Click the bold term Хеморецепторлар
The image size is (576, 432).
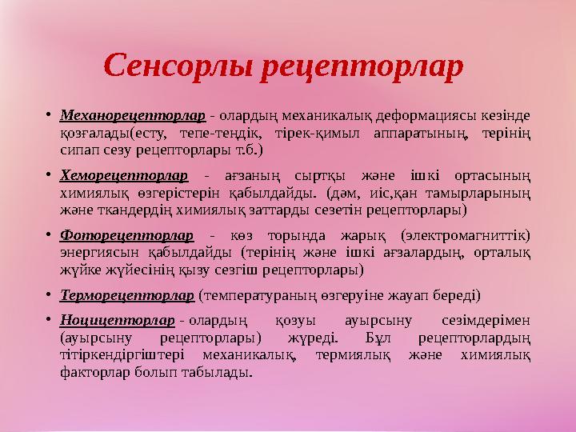pyautogui.click(x=124, y=174)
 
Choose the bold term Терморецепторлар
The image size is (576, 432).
pyautogui.click(x=127, y=295)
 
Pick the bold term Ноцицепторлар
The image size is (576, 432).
pyautogui.click(x=118, y=321)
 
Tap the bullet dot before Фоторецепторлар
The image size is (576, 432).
pyautogui.click(x=49, y=235)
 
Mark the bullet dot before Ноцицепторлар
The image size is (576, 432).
pyautogui.click(x=49, y=321)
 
